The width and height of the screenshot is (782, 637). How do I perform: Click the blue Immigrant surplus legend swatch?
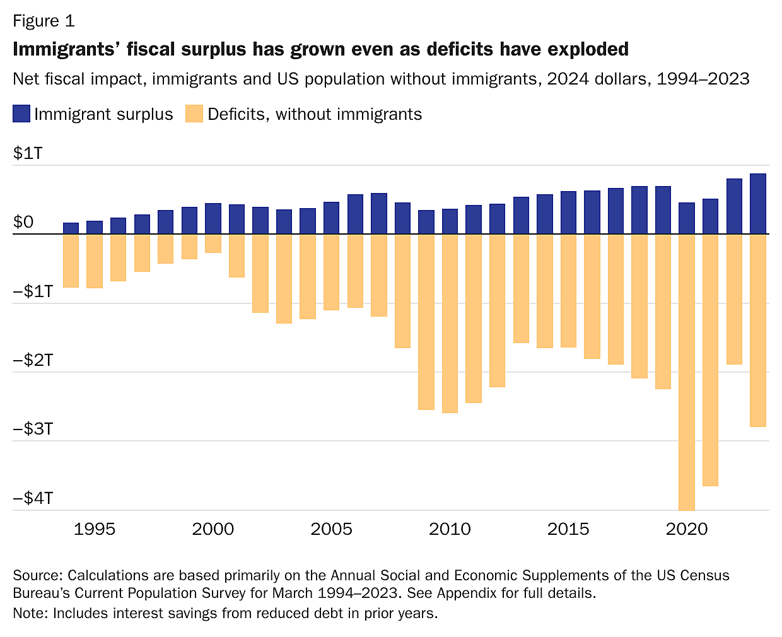coord(21,114)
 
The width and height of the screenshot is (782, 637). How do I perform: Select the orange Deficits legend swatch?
coord(194,114)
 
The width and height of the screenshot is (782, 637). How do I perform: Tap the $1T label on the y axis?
coord(28,153)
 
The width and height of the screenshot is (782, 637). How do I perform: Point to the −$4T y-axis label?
coord(33,498)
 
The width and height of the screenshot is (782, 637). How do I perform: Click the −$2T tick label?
coord(33,360)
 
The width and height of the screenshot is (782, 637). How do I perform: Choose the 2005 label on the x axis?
coord(331,529)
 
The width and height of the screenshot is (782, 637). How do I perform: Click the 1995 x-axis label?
coord(95,529)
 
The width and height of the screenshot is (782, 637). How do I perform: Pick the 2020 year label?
coord(687,529)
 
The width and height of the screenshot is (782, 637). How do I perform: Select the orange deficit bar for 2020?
coord(687,372)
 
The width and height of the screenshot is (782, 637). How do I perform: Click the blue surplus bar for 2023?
coord(757,204)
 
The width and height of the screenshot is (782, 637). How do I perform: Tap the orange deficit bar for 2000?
coord(213,243)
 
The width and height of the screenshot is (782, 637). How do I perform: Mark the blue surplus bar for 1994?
coord(71,228)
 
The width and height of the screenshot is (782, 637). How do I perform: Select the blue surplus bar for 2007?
coord(379,214)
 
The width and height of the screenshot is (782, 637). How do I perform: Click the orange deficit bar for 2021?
coord(710,359)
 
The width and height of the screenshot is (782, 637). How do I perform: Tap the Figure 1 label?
coord(44,21)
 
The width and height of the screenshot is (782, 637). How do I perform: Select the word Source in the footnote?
coord(37,576)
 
